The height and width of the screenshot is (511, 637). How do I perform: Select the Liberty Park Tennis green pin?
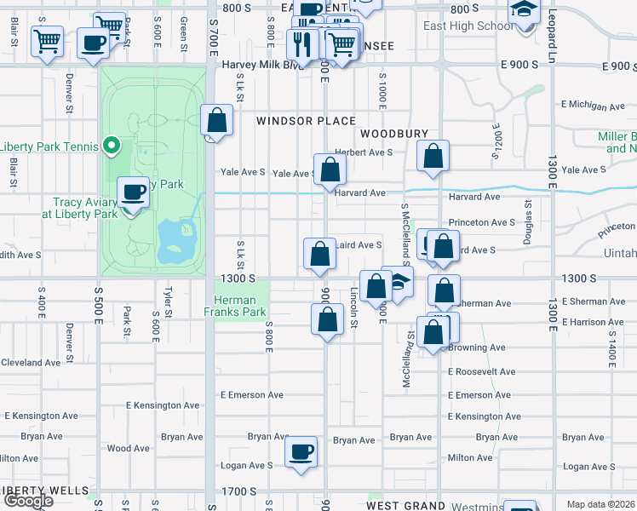coord(110,146)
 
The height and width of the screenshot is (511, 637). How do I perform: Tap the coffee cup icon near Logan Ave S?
coord(301,451)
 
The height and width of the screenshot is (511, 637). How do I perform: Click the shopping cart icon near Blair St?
coord(47,39)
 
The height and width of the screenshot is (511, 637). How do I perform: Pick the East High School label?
coord(468,26)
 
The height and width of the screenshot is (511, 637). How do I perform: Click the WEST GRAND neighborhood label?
coord(407,506)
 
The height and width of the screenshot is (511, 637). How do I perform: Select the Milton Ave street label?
coord(470,457)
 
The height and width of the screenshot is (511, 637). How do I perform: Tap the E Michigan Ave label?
coord(593,106)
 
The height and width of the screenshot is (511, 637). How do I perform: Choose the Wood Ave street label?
coord(129,448)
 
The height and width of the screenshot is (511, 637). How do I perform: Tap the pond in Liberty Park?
coord(177,238)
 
